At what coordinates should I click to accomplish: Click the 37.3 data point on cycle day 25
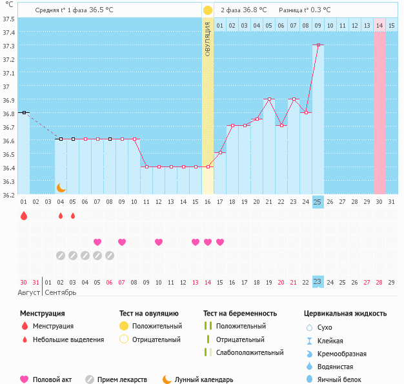coord(318,45)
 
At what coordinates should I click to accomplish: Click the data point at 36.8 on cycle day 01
coord(24,112)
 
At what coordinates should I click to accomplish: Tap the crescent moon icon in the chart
coord(61,187)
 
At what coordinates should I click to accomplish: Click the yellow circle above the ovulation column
coord(208,10)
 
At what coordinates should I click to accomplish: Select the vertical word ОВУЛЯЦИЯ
coord(208,39)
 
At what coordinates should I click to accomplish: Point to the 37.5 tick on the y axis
coord(9,19)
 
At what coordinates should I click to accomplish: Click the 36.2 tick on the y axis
coord(9,194)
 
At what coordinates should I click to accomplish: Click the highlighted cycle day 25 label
coord(318,202)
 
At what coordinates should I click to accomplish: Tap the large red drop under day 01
coord(24,216)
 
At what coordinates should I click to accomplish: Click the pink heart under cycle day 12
coord(159,242)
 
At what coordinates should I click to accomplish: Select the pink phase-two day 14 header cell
coord(379,26)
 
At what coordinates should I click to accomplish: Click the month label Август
coord(30,292)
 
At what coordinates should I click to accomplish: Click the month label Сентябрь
coord(61,292)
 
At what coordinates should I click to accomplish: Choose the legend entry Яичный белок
coord(340,380)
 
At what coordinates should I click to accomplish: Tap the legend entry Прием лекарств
coord(122,380)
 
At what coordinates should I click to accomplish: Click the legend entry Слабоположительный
coord(250,352)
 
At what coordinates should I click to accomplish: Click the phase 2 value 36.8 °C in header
coord(256,10)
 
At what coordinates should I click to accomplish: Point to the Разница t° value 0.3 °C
coord(318,10)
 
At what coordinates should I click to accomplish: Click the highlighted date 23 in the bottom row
coord(318,282)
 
